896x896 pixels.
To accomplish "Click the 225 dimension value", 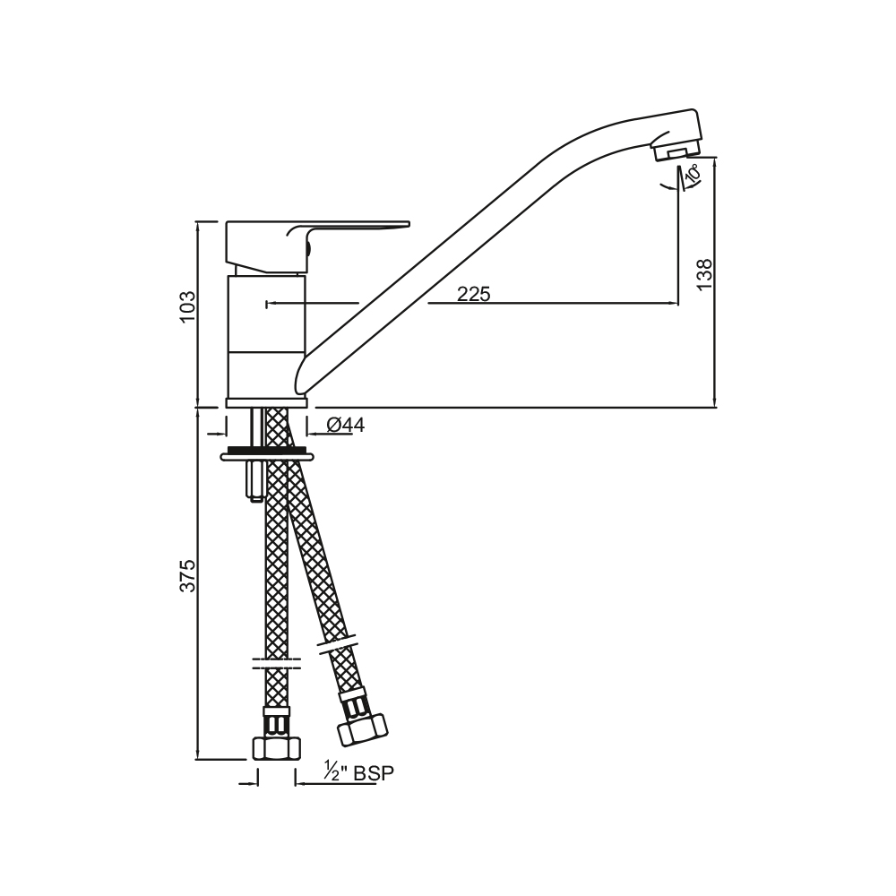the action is coord(474,294).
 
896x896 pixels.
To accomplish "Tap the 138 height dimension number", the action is coord(705,273).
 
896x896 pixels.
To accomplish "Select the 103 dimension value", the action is coord(187,306).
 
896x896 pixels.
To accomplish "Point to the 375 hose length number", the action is coord(187,575).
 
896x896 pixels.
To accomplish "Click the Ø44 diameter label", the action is coord(346,425).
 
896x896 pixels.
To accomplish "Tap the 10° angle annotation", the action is coord(692,173).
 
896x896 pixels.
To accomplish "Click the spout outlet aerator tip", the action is coord(676,151).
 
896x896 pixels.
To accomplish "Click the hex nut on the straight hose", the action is coord(277,748).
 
